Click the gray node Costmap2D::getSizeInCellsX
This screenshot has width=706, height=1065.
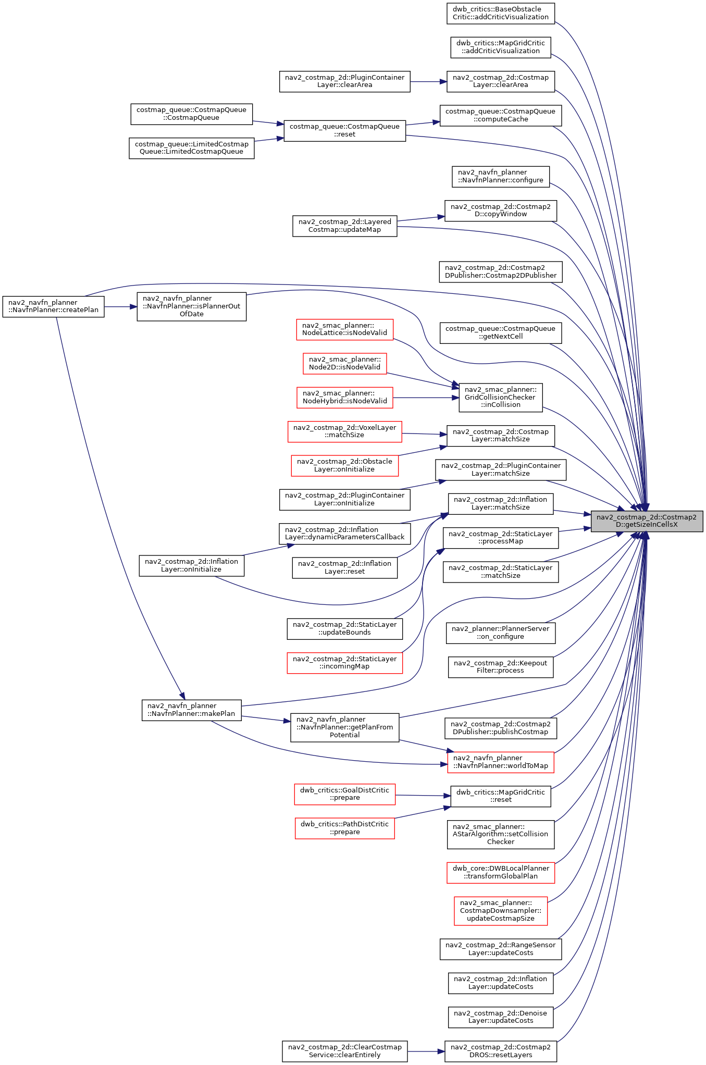pyautogui.click(x=647, y=521)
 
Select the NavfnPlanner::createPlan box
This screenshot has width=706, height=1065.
pyautogui.click(x=53, y=306)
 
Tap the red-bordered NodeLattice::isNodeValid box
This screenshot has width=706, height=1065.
pyautogui.click(x=344, y=329)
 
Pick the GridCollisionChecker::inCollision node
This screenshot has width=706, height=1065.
pyautogui.click(x=500, y=397)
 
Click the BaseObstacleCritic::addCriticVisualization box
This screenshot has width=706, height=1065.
pyautogui.click(x=500, y=13)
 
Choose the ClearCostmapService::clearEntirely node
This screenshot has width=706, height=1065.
pyautogui.click(x=344, y=1051)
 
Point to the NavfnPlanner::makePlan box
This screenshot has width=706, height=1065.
pyautogui.click(x=191, y=710)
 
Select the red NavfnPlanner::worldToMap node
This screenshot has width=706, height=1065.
pyautogui.click(x=500, y=762)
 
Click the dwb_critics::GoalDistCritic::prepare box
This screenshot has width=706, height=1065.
pyautogui.click(x=344, y=794)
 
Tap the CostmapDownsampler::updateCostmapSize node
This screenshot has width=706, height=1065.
pyautogui.click(x=500, y=911)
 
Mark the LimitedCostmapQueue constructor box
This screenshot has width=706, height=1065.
pyautogui.click(x=191, y=148)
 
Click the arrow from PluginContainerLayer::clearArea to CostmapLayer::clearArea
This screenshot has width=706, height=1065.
pyautogui.click(x=428, y=82)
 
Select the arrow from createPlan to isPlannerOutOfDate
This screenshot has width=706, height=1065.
pyautogui.click(x=120, y=307)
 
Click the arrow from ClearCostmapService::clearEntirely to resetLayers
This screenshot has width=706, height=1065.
pyautogui.click(x=426, y=1051)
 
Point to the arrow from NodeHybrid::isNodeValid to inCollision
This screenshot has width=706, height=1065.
pyautogui.click(x=426, y=398)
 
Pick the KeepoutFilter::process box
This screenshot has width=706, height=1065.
pyautogui.click(x=500, y=667)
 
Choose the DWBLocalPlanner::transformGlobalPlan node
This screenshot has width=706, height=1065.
pyautogui.click(x=500, y=873)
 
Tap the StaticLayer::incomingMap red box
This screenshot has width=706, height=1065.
pyautogui.click(x=344, y=663)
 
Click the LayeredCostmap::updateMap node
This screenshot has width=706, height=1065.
pyautogui.click(x=344, y=226)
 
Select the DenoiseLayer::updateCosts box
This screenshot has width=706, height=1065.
pyautogui.click(x=500, y=1017)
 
